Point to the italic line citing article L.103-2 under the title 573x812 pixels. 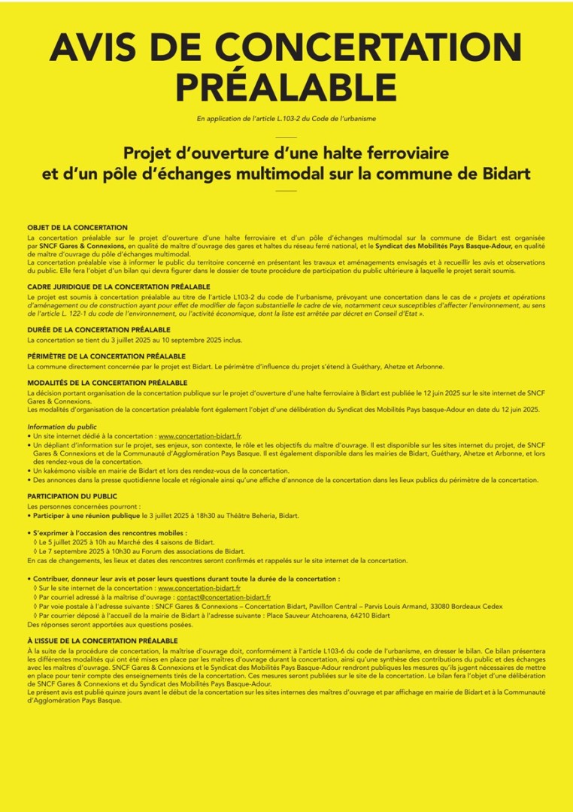(286, 118)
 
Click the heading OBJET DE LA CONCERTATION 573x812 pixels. (77, 227)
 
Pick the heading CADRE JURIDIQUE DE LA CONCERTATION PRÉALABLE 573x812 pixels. (119, 286)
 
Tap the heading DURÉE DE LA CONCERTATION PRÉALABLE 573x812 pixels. (99, 329)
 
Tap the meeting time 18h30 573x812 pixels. (226, 516)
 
